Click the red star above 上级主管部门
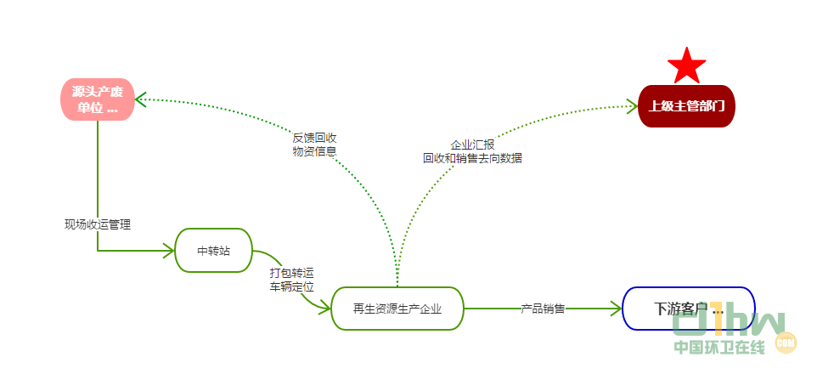(x=687, y=65)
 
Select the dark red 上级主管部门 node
(x=686, y=106)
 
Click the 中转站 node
(x=214, y=250)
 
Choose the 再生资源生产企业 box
(x=397, y=308)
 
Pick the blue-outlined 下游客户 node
(x=689, y=308)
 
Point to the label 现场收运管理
(x=98, y=224)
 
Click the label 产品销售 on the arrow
(x=544, y=309)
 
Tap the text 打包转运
(x=292, y=273)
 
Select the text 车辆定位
(x=292, y=287)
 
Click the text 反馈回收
(x=314, y=137)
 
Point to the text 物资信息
(x=314, y=151)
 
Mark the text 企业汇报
(x=472, y=144)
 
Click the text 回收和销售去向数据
(x=472, y=158)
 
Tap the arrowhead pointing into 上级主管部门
(x=632, y=105)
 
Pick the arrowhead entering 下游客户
(x=617, y=309)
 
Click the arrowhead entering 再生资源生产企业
(x=324, y=309)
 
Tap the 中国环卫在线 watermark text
(x=719, y=347)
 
